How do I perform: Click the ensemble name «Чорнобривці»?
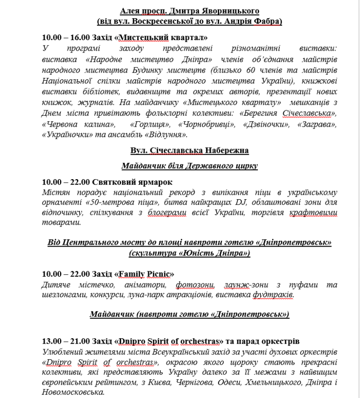(201, 123)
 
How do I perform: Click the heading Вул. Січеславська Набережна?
(190, 151)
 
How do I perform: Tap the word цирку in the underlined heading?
(247, 166)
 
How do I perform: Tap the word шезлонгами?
(64, 295)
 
